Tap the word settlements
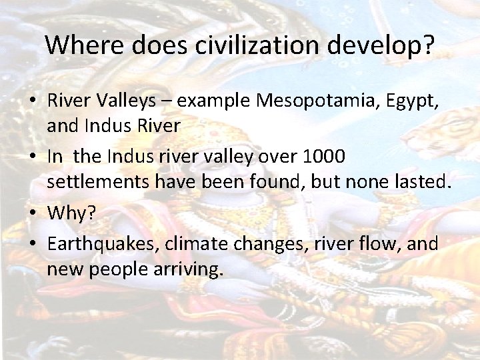pos(97,182)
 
